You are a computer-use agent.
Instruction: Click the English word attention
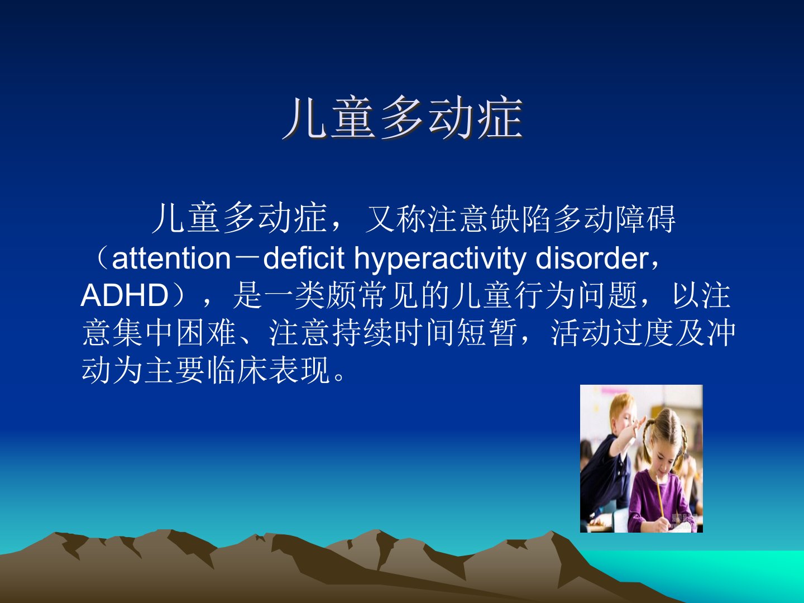171,259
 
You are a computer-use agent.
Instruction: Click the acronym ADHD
124,295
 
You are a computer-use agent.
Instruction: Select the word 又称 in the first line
396,219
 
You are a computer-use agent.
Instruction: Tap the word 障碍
646,219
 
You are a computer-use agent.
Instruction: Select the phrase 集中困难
175,333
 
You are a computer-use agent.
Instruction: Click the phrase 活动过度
612,333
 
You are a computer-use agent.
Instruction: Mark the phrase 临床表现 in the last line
269,371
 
